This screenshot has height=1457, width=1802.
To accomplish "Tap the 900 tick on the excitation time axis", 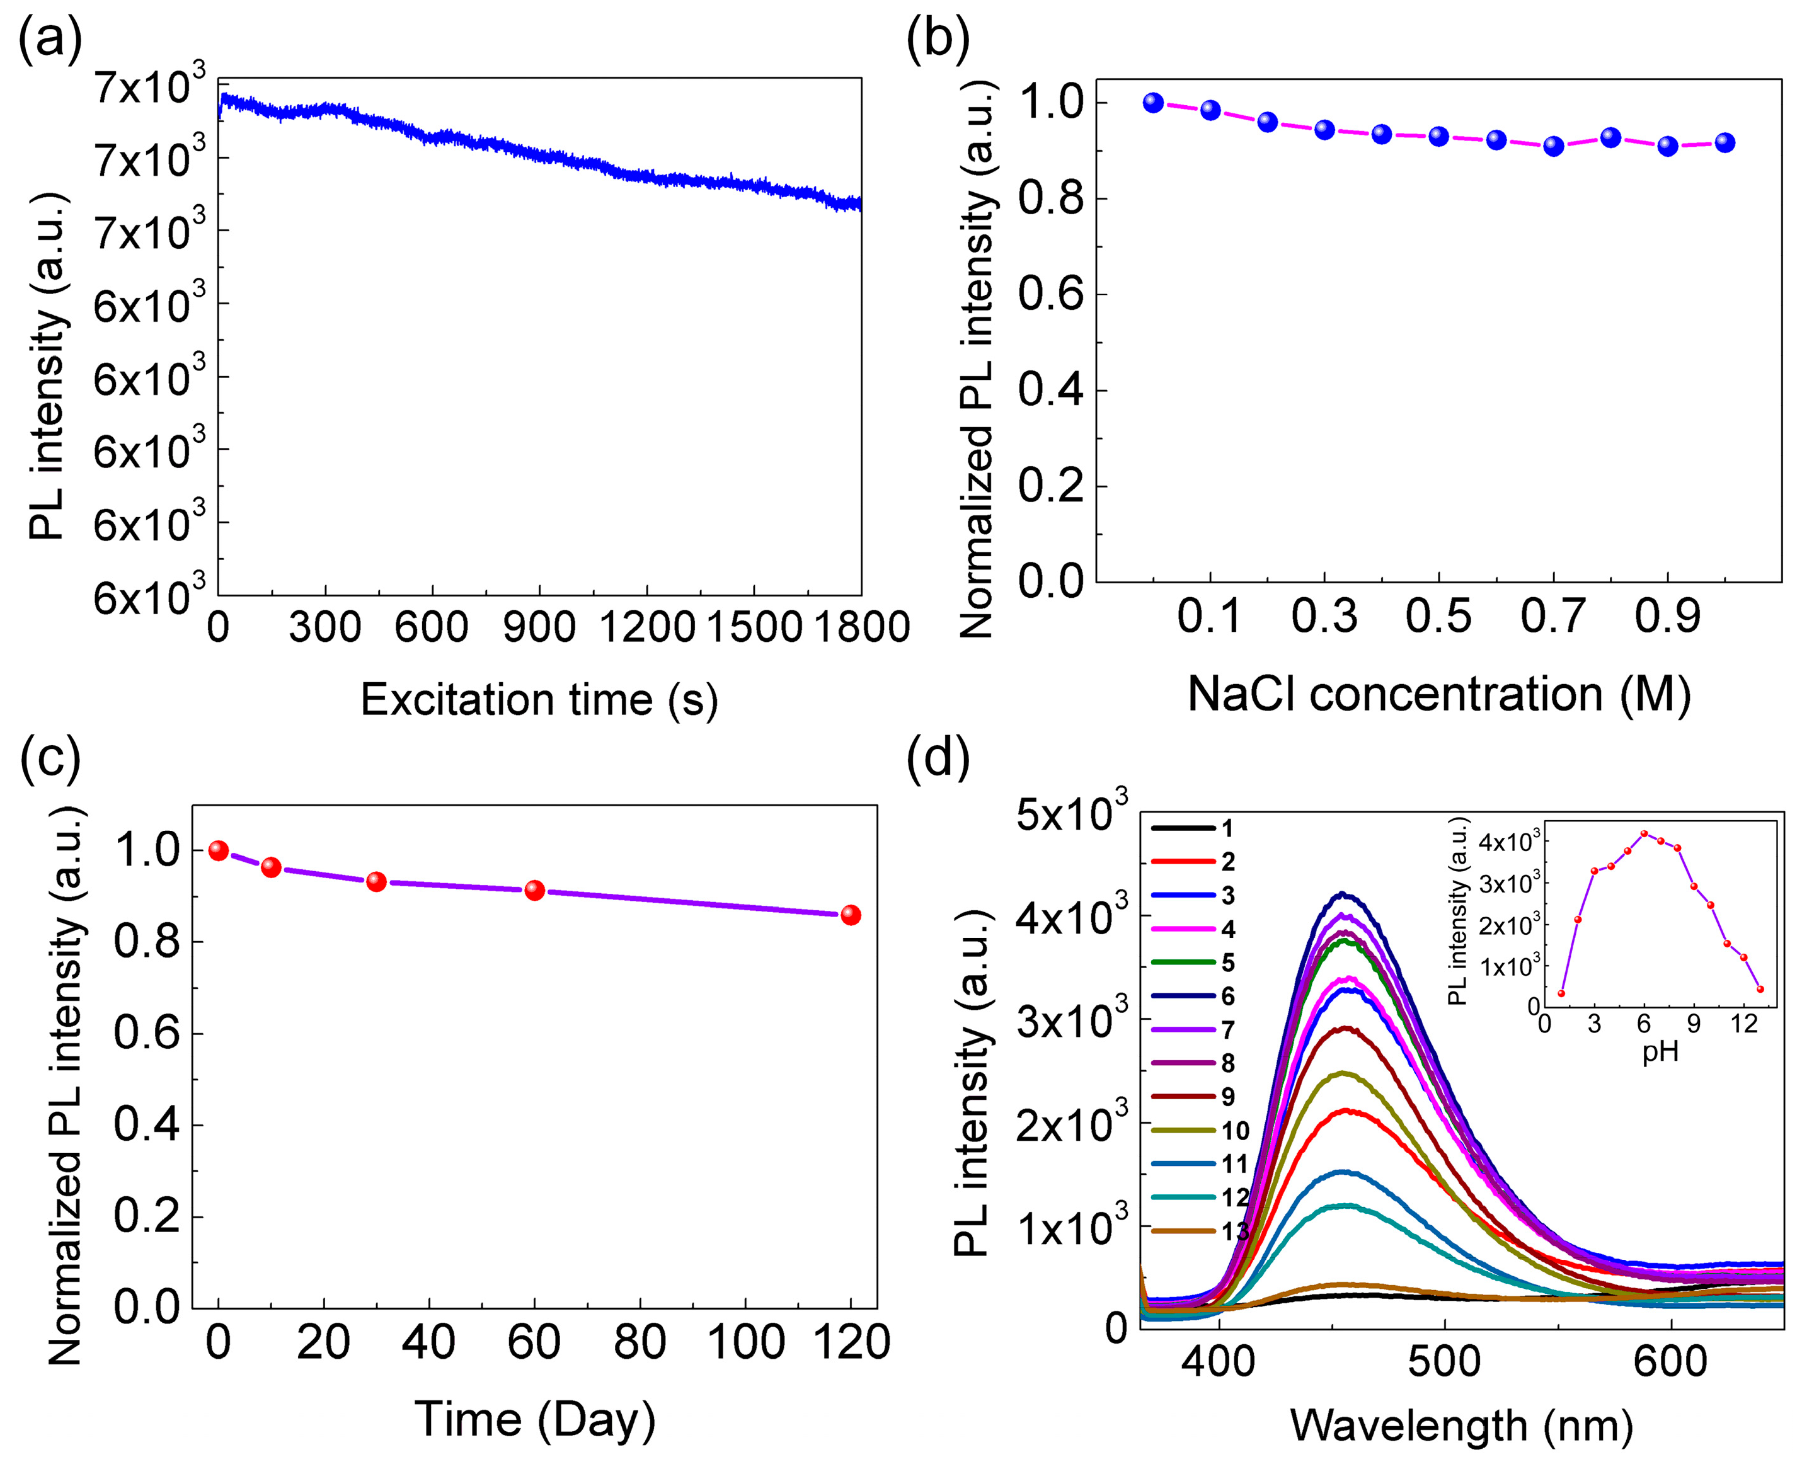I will [x=539, y=627].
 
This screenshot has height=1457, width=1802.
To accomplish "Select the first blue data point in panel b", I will [x=1153, y=103].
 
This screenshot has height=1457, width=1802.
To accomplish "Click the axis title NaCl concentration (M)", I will [x=1438, y=694].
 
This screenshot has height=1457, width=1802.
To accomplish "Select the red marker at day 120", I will [x=850, y=915].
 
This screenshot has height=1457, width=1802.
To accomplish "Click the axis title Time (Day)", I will [x=535, y=1419].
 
